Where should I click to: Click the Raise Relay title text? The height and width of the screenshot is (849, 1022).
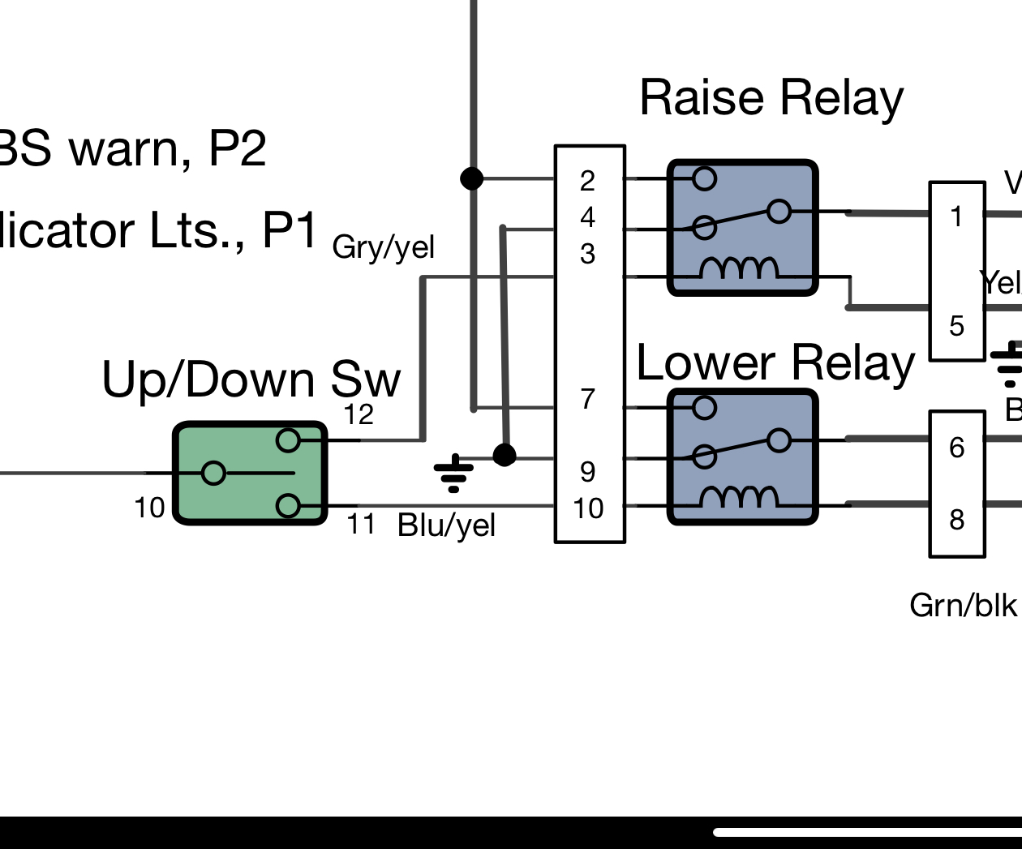click(771, 98)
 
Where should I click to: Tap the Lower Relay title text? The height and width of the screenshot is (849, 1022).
click(775, 362)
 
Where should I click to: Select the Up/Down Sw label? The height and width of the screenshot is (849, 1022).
click(251, 379)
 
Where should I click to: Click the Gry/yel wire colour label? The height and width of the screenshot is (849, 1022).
click(384, 247)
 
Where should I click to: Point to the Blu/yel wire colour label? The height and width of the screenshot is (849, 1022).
click(446, 525)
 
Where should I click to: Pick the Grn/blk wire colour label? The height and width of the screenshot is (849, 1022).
click(963, 605)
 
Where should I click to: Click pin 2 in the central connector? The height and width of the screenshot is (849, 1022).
click(588, 181)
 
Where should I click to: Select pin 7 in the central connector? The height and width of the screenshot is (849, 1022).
click(588, 399)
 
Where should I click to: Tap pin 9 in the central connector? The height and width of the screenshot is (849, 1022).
click(588, 471)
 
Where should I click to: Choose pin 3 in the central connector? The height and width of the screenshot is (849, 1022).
click(588, 255)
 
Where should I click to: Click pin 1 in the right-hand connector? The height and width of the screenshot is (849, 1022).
click(957, 217)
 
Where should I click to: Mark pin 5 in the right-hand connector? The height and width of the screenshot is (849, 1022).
click(957, 326)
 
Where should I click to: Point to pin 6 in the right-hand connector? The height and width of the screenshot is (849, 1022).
click(957, 448)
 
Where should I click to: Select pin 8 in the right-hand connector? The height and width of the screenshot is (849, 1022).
click(957, 519)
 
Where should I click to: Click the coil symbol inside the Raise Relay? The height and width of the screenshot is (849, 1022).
click(739, 268)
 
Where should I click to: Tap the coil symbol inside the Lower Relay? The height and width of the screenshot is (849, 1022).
click(739, 497)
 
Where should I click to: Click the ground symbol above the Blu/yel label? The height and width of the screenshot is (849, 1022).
click(453, 474)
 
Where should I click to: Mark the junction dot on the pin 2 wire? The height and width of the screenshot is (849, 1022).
click(472, 178)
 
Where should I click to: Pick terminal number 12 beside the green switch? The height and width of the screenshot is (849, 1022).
click(359, 415)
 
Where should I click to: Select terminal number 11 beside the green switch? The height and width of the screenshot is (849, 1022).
click(361, 525)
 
